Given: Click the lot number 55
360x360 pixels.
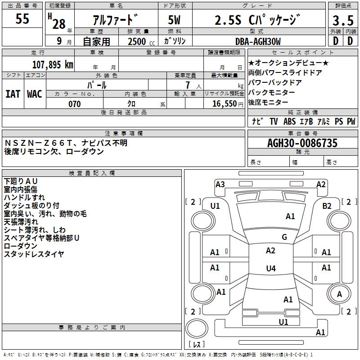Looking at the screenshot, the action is click(x=22, y=19).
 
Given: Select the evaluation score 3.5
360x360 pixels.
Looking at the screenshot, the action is click(x=342, y=20).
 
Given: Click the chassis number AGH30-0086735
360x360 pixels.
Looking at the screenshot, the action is click(x=302, y=144).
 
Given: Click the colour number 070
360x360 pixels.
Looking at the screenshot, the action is click(x=74, y=104).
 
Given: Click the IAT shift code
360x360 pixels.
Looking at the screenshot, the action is click(x=13, y=94).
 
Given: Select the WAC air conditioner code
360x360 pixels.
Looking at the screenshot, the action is click(x=34, y=94).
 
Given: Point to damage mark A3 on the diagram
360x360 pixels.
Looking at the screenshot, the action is click(x=220, y=184).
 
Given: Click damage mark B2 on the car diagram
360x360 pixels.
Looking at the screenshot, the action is click(x=327, y=206).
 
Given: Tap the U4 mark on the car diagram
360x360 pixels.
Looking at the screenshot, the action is click(x=270, y=269).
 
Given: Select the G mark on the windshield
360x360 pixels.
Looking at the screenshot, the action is click(x=284, y=237).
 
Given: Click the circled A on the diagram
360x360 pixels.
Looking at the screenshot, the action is click(x=339, y=294).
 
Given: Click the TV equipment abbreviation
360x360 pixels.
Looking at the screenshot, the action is click(x=274, y=121).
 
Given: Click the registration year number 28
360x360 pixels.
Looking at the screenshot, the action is click(x=58, y=23).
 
